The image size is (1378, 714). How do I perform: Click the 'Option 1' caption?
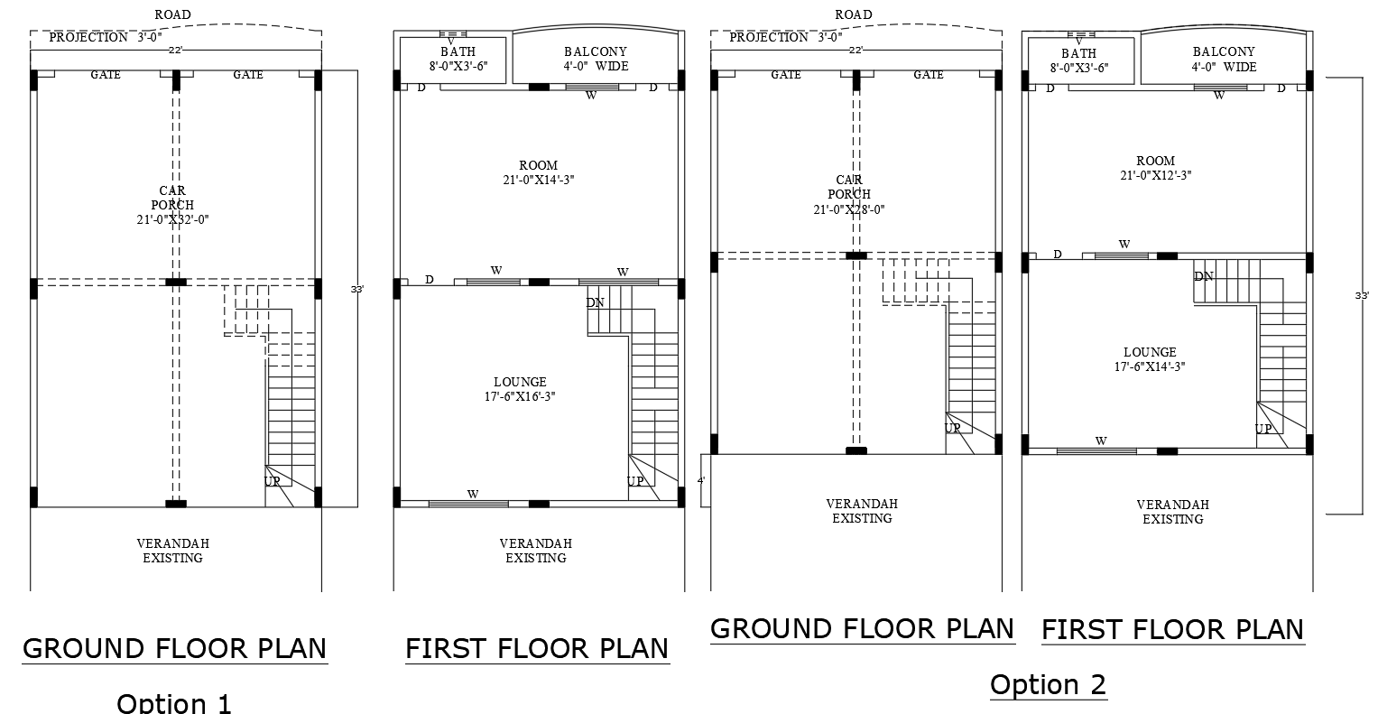(x=174, y=702)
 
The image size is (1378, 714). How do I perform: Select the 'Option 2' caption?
(x=1048, y=684)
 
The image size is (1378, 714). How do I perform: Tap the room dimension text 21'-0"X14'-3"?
(x=538, y=180)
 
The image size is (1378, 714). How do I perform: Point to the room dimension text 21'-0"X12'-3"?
(x=1155, y=175)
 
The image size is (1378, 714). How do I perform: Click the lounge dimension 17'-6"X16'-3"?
(x=520, y=396)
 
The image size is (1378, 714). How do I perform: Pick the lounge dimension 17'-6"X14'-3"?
(x=1149, y=366)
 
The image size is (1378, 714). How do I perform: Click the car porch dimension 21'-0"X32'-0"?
(x=172, y=219)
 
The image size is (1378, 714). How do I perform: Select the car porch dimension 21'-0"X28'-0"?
(x=848, y=209)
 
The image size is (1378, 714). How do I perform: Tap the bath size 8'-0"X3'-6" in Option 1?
(x=458, y=66)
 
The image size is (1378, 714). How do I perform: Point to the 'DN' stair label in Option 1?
(x=595, y=303)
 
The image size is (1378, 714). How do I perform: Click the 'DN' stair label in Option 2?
(x=1204, y=276)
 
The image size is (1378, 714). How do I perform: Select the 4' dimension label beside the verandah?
(x=701, y=480)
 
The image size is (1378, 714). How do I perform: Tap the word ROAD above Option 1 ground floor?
(x=172, y=14)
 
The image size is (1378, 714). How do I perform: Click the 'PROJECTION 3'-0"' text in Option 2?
(x=785, y=38)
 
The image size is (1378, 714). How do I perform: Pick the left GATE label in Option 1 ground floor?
(x=106, y=75)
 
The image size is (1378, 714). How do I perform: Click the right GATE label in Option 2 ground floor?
(x=929, y=75)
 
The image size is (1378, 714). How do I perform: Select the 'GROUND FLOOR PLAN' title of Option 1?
(x=174, y=648)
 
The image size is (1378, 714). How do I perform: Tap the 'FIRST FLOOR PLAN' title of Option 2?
(x=1172, y=629)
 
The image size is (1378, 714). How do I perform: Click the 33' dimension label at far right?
(x=1362, y=295)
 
